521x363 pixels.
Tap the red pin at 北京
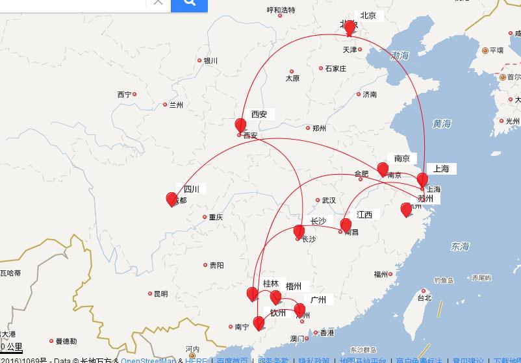pos(349,27)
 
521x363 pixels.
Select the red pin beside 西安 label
pos(240,125)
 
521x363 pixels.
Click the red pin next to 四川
pos(172,199)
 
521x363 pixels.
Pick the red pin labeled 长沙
pos(299,231)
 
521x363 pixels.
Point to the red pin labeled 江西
pos(346,225)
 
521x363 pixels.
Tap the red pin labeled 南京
pos(383,169)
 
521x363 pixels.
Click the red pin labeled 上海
pos(422,179)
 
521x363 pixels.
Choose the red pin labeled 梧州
pos(275,297)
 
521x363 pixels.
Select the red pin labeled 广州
pos(299,309)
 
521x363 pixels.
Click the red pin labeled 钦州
pos(259,322)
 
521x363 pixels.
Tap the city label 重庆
pos(215,218)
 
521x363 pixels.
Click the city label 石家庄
pos(335,68)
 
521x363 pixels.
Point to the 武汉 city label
pos(329,201)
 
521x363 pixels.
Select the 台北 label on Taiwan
pos(424,299)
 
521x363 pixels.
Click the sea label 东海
pos(460,246)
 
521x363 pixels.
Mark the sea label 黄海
pos(441,123)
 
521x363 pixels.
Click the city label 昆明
pos(160,294)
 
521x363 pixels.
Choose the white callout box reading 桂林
pos(271,284)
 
